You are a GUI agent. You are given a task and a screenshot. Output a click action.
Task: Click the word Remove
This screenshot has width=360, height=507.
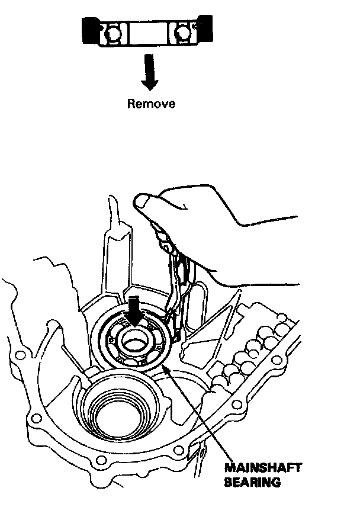click(x=152, y=104)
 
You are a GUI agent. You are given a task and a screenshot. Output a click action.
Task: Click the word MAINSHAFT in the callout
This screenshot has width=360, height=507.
click(x=263, y=468)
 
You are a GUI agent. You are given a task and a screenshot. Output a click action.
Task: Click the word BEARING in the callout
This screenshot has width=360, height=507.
click(x=252, y=482)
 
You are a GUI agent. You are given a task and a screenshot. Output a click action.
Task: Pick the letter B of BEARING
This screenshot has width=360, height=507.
click(x=229, y=482)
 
